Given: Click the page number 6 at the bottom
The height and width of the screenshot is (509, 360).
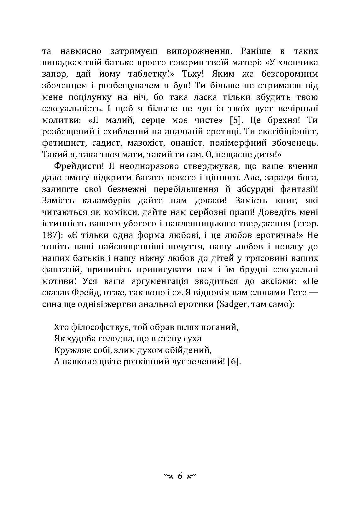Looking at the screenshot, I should click(180, 476).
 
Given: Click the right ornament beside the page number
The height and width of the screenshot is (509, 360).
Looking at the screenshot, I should click(191, 476).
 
